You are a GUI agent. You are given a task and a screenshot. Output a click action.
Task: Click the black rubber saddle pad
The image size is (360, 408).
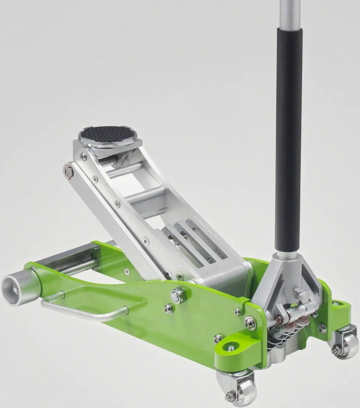(x=108, y=134)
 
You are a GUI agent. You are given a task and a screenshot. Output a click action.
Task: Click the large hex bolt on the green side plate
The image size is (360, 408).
(x=178, y=295)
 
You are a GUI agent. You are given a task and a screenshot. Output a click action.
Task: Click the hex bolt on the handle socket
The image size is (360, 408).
(x=302, y=295)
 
